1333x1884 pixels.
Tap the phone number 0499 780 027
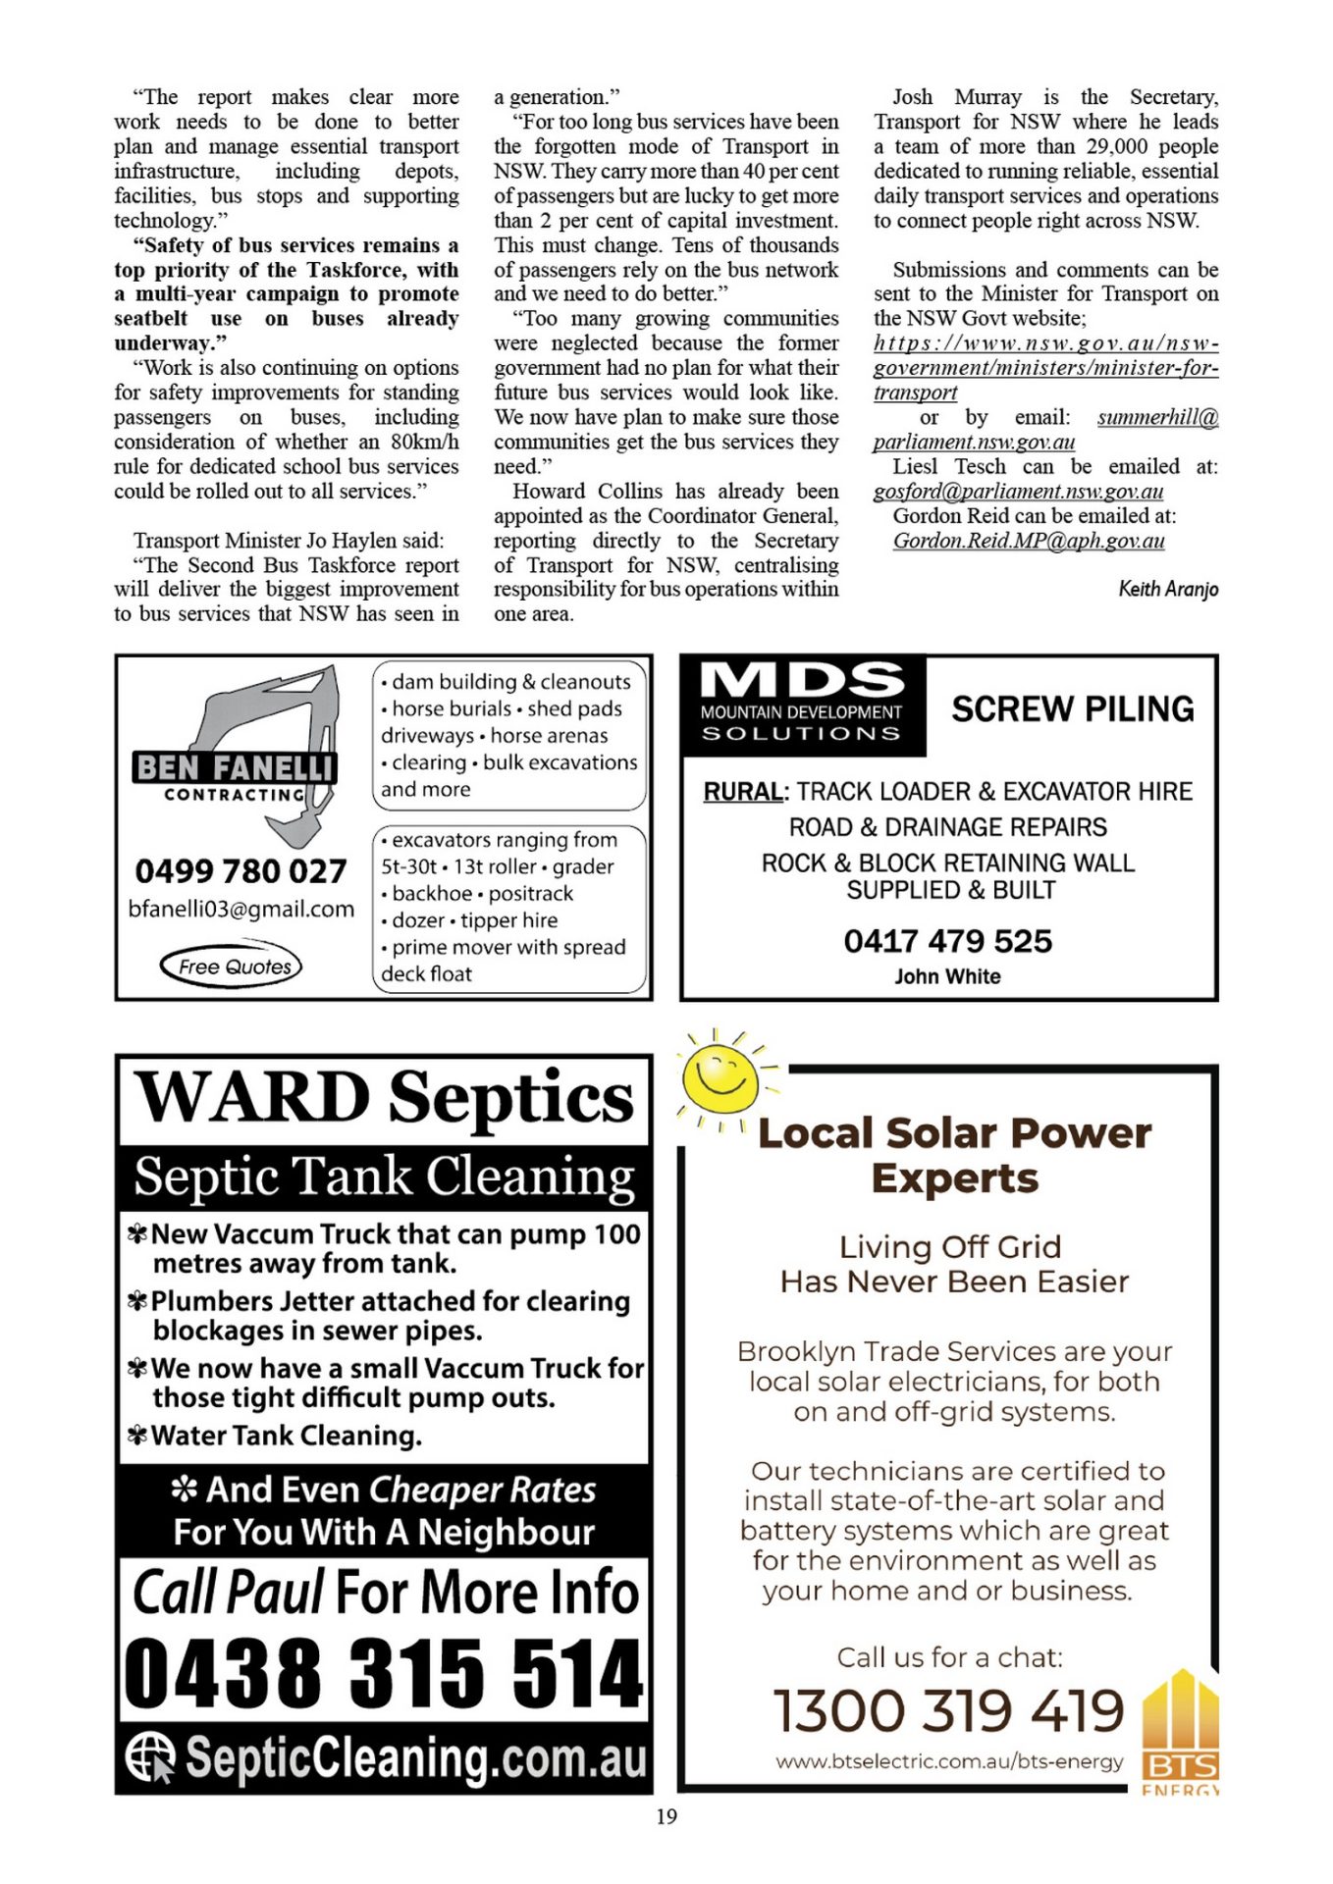pyautogui.click(x=240, y=870)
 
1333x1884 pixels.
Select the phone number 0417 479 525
pyautogui.click(x=947, y=941)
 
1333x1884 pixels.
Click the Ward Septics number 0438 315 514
pyautogui.click(x=384, y=1672)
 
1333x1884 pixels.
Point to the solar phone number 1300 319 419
pyautogui.click(x=948, y=1710)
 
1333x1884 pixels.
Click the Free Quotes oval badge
pyautogui.click(x=232, y=967)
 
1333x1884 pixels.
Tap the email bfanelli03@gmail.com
pyautogui.click(x=241, y=909)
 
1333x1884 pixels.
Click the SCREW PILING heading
pyautogui.click(x=1072, y=708)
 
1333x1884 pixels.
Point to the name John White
pyautogui.click(x=947, y=976)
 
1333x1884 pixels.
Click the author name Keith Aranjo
pyautogui.click(x=1168, y=589)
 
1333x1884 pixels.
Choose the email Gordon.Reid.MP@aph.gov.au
pyautogui.click(x=1029, y=541)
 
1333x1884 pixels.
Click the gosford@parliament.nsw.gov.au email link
pyautogui.click(x=1018, y=492)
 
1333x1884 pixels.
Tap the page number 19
pyautogui.click(x=666, y=1816)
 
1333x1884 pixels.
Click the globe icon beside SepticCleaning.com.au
pyautogui.click(x=150, y=1756)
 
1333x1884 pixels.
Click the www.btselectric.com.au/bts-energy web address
pyautogui.click(x=949, y=1761)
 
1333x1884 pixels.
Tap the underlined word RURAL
pyautogui.click(x=743, y=792)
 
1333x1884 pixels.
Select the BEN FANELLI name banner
pyautogui.click(x=235, y=767)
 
